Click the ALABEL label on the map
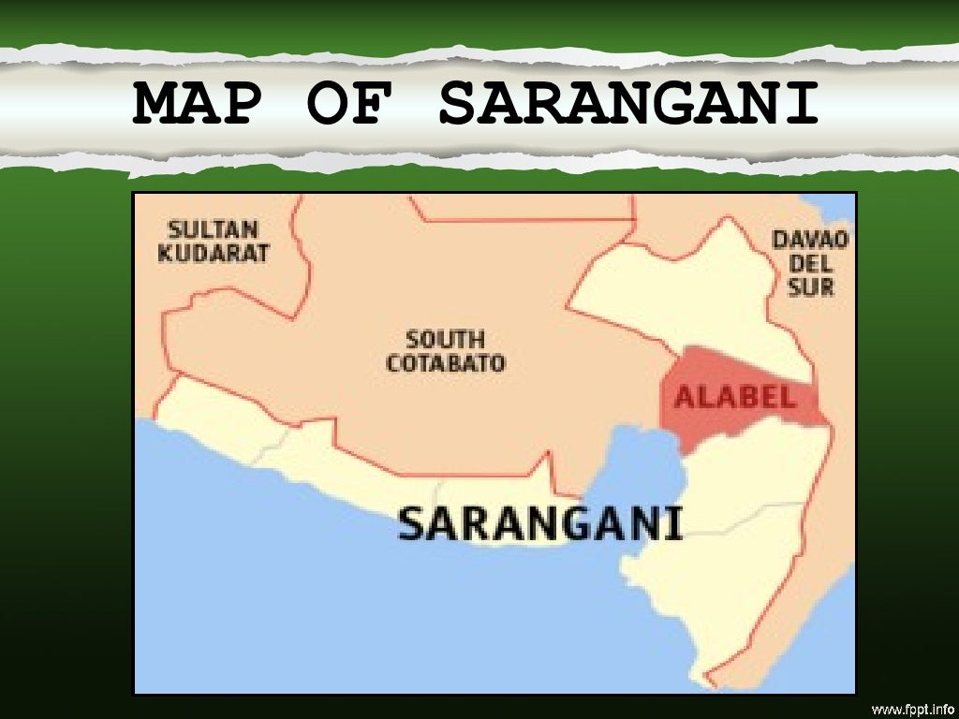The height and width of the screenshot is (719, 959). pyautogui.click(x=736, y=397)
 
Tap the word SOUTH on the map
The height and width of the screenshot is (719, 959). pyautogui.click(x=445, y=340)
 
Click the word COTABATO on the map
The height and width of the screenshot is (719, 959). pyautogui.click(x=445, y=362)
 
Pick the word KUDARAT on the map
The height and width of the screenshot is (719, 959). pyautogui.click(x=214, y=253)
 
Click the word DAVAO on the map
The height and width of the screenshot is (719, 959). pyautogui.click(x=810, y=241)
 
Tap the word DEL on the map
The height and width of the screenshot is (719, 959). pyautogui.click(x=810, y=264)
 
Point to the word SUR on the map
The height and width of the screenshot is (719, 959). pyautogui.click(x=810, y=287)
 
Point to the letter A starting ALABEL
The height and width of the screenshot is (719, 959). pyautogui.click(x=685, y=397)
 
